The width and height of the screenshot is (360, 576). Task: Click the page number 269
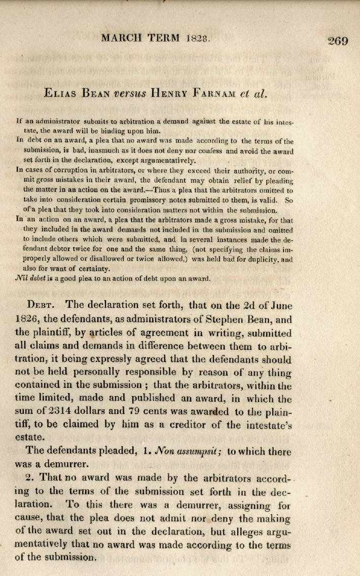pos(338,41)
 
